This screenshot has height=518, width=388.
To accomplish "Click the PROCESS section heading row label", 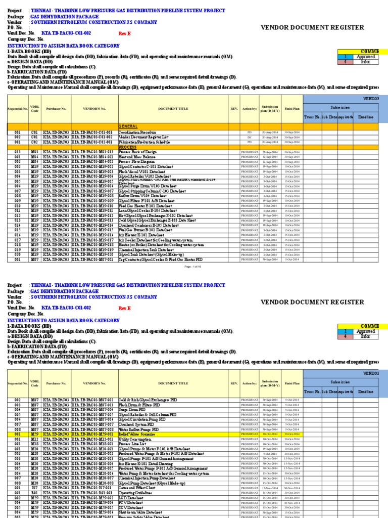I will pyautogui.click(x=128, y=147).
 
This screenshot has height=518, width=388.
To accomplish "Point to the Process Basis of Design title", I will pyautogui.click(x=138, y=152).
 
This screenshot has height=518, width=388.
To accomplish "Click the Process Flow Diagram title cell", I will pyautogui.click(x=135, y=162).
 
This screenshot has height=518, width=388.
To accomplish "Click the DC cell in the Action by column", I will pyautogui.click(x=249, y=137).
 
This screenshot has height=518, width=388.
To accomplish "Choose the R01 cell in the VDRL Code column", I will pyautogui.click(x=34, y=493).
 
